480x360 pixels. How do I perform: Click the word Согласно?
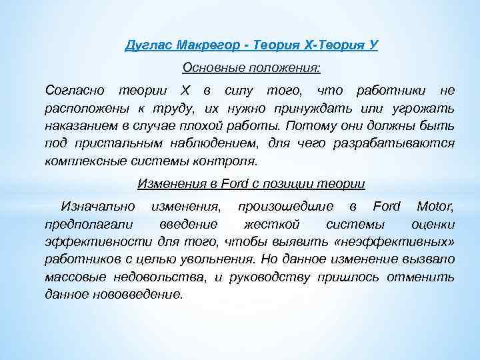73,90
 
